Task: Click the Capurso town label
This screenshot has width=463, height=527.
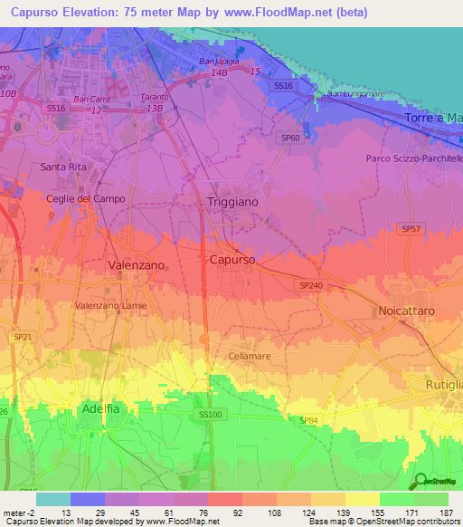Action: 232,259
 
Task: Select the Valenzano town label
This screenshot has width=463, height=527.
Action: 136,264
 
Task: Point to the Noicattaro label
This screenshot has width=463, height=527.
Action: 407,311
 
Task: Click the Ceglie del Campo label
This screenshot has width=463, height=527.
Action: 86,198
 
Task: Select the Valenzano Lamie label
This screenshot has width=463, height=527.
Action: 110,306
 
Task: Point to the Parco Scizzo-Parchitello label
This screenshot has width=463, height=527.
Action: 414,158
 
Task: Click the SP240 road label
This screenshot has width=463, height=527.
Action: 310,284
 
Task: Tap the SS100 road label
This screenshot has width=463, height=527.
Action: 210,414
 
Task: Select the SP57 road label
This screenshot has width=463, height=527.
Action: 411,230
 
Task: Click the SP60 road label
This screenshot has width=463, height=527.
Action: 290,138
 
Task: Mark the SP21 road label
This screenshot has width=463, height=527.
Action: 22,336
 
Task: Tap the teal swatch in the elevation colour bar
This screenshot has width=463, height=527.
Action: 52,499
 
